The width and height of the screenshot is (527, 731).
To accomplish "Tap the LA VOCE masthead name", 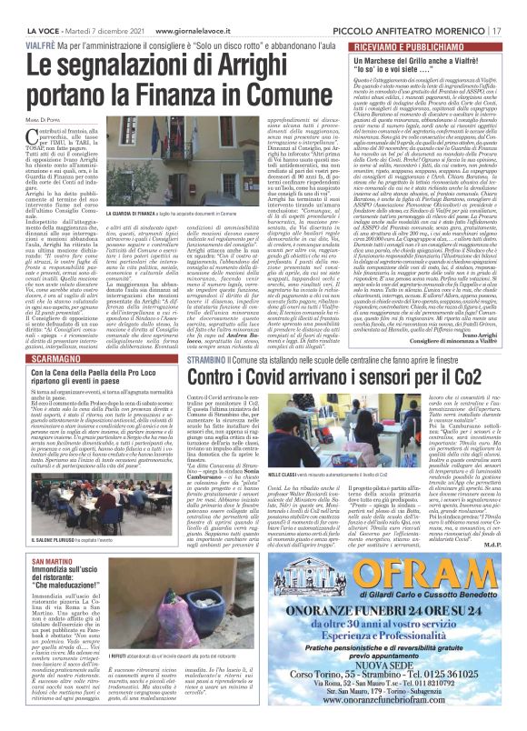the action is point(28,8).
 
